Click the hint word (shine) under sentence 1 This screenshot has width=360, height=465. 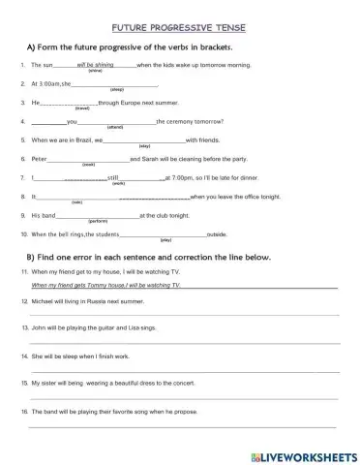(95, 72)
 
